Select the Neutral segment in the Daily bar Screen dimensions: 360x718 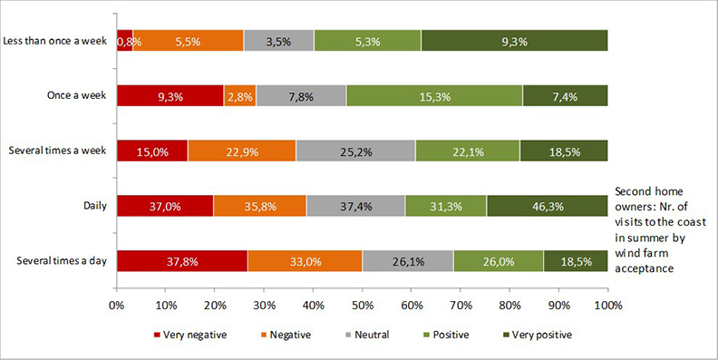(355, 206)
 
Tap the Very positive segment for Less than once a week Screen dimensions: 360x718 (514, 41)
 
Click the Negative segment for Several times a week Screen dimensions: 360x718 (241, 151)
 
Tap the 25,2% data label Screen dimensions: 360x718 (356, 151)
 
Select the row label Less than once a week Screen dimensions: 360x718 (56, 41)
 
